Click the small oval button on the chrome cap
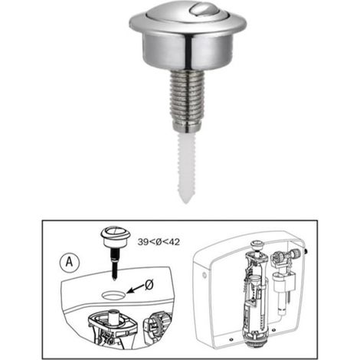[202, 10]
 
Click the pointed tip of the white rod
[187, 203]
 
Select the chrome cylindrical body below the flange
[188, 51]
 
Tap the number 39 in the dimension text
[143, 242]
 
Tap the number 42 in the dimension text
[174, 242]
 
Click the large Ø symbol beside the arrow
[149, 285]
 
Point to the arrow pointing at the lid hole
[136, 289]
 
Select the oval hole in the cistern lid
[113, 294]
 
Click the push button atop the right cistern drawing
[257, 244]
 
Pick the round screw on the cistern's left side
[205, 275]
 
